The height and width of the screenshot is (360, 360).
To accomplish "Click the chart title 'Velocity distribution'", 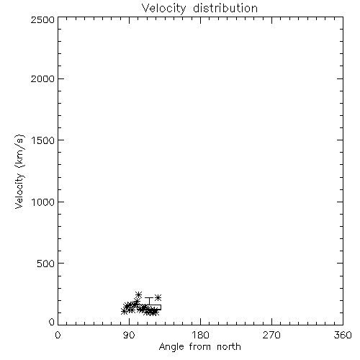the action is click(199, 8).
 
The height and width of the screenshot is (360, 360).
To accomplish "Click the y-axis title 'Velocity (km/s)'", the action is click(19, 171).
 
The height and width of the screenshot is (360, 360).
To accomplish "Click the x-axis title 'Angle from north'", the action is click(199, 347).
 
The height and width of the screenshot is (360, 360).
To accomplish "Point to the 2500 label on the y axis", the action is click(42, 19).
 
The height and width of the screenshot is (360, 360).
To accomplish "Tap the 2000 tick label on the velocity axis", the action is click(42, 78).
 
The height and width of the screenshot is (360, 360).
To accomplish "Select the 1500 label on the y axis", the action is click(43, 140).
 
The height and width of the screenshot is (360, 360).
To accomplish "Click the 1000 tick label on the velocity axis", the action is click(43, 202).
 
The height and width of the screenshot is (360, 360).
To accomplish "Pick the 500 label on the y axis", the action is click(46, 264).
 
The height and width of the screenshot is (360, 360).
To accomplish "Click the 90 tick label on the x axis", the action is click(129, 335).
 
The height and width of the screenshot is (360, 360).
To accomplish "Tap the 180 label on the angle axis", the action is click(200, 335).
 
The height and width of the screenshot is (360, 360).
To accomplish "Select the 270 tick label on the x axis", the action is click(271, 335).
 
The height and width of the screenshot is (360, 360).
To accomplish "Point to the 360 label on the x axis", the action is click(343, 335).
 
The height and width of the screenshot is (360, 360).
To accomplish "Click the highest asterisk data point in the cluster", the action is click(138, 294).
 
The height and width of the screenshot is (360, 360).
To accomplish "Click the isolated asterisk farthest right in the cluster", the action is click(158, 298).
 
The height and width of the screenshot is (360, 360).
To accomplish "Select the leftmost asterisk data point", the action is click(124, 311).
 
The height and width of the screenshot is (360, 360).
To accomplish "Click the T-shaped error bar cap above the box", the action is click(149, 298).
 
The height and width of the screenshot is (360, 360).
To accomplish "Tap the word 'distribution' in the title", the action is click(225, 8).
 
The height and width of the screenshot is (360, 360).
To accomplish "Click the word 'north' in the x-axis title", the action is click(229, 347).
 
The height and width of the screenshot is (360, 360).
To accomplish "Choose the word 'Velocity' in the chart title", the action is click(163, 9).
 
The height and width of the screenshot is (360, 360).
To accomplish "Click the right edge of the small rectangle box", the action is click(161, 307).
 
